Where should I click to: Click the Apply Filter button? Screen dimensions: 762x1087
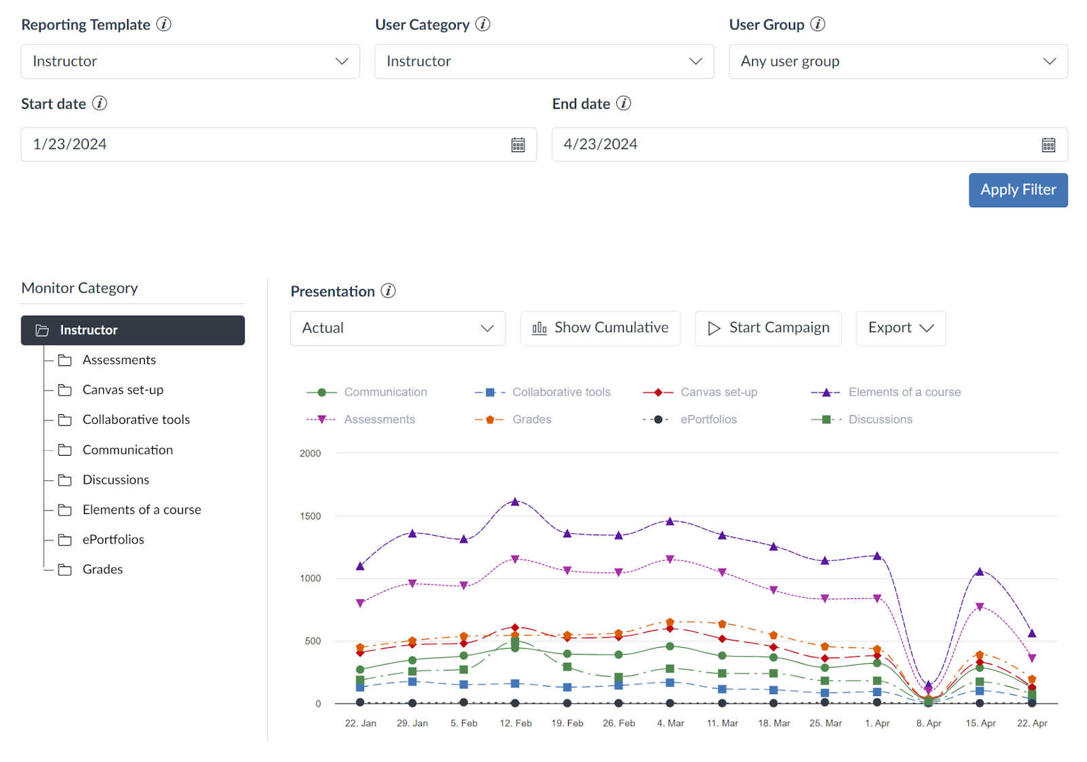pos(1018,190)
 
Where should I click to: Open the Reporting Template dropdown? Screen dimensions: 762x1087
pos(190,62)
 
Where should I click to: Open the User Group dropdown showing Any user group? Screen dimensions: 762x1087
pos(897,62)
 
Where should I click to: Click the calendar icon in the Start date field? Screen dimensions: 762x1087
pos(518,145)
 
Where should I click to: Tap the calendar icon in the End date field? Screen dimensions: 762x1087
pos(1048,145)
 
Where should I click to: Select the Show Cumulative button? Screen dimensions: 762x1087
pos(600,328)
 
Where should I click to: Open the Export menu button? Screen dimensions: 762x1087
pos(900,328)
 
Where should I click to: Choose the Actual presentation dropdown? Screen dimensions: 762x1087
pos(397,328)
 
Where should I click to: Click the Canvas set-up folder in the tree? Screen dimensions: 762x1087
pos(122,390)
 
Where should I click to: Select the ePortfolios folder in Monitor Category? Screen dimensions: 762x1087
pos(113,539)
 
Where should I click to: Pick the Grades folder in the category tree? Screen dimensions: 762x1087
pos(103,569)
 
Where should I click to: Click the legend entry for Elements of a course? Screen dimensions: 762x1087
pos(904,392)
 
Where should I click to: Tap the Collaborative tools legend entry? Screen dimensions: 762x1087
pos(561,392)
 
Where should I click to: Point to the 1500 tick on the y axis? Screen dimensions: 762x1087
pos(310,516)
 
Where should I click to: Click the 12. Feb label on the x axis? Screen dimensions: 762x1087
pos(516,723)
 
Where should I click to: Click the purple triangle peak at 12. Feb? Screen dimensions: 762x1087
pos(515,502)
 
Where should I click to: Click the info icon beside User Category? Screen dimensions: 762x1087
pos(482,24)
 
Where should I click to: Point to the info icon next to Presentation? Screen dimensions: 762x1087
pos(388,291)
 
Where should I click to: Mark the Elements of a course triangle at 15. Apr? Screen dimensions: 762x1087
pos(980,572)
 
